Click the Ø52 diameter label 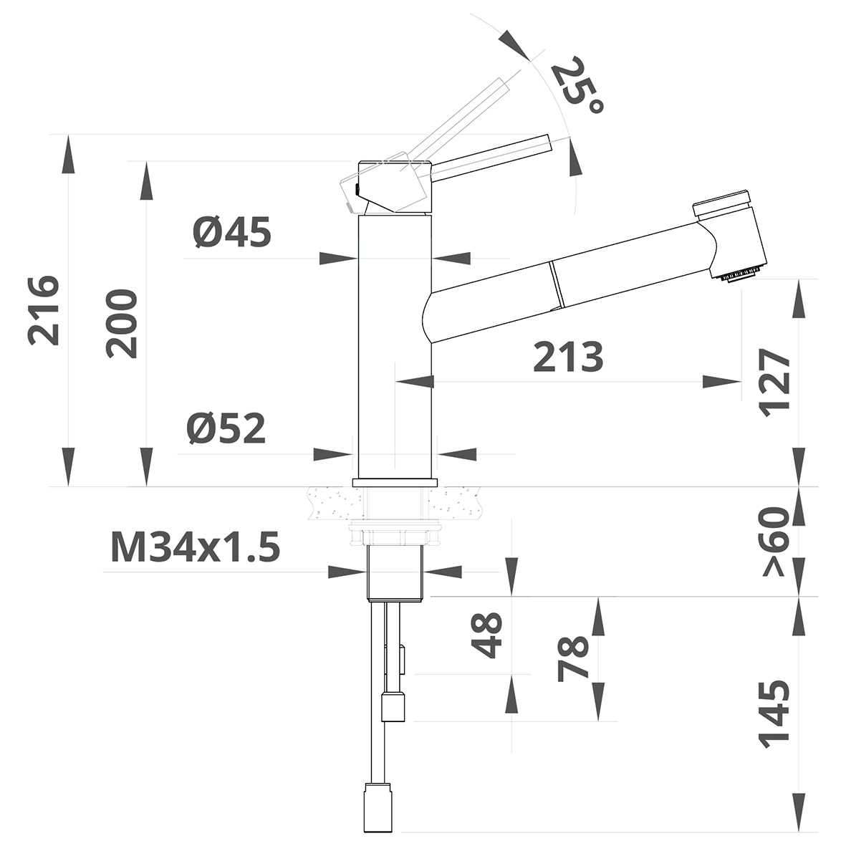pyautogui.click(x=227, y=428)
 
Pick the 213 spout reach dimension pyautogui.click(x=568, y=357)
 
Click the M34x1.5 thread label pyautogui.click(x=195, y=549)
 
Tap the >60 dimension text pyautogui.click(x=775, y=542)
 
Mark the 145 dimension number pyautogui.click(x=775, y=715)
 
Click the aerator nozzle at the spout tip pyautogui.click(x=740, y=274)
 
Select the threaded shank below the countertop pyautogui.click(x=397, y=572)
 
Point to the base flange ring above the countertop pyautogui.click(x=395, y=482)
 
